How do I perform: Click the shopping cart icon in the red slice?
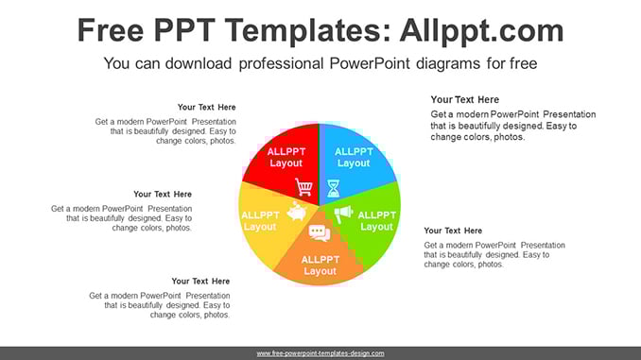[x=303, y=187]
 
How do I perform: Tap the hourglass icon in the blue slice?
[x=333, y=188]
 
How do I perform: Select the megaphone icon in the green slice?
[x=343, y=214]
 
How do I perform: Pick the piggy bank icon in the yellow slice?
[x=297, y=212]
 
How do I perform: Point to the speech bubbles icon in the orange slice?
[x=320, y=233]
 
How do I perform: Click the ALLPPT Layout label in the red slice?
[x=286, y=157]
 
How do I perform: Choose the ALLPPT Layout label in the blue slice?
[x=354, y=157]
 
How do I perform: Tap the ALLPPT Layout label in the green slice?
[x=376, y=221]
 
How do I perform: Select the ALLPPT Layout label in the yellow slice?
[x=260, y=221]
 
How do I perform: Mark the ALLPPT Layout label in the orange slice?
[x=320, y=266]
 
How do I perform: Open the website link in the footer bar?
[x=320, y=353]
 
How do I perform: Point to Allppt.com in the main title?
[x=481, y=31]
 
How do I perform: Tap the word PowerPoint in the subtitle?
[x=369, y=63]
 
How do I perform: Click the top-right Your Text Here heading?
[x=464, y=100]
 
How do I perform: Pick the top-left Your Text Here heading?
[x=206, y=107]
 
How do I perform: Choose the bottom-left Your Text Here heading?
[x=200, y=282]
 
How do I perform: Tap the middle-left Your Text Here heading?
[x=163, y=194]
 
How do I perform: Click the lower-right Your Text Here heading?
[x=453, y=231]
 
